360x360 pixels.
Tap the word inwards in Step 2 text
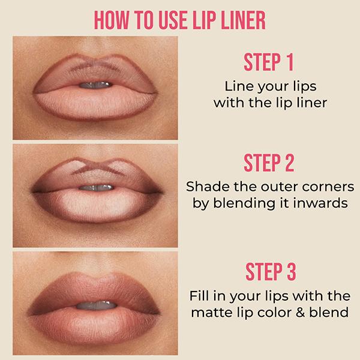click(318, 202)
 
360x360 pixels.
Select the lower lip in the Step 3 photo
click(96, 318)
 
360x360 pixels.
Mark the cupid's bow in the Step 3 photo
click(96, 275)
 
